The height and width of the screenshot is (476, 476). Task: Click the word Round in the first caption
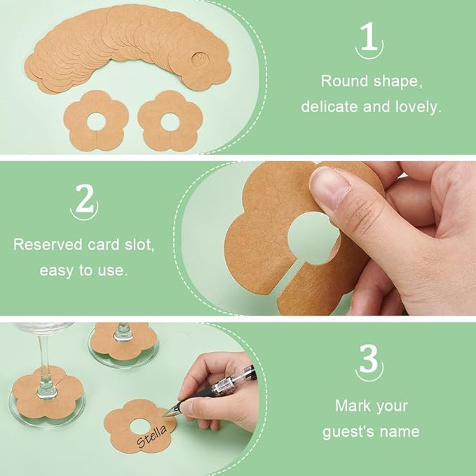coord(344,81)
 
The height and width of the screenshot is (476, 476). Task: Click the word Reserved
coord(48,245)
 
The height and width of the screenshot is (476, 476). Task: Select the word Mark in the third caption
coord(352,406)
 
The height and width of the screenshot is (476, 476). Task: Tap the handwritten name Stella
coord(151,437)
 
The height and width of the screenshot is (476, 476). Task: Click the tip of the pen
coord(164,416)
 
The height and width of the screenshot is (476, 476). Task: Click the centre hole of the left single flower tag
coord(96,122)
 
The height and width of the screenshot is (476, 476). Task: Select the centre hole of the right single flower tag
coord(170,122)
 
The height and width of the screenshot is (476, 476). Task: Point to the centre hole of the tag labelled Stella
coord(140,426)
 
